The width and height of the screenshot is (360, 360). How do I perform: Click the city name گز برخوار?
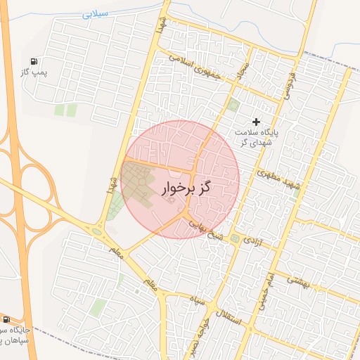click(x=187, y=188)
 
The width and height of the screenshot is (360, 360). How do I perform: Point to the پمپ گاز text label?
click(x=34, y=73)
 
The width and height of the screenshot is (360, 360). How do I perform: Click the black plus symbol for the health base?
click(x=256, y=122)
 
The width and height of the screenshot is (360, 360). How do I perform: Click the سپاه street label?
click(x=195, y=301)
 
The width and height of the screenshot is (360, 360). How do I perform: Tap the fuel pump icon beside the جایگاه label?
click(x=6, y=319)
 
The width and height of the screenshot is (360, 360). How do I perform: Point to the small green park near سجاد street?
click(x=233, y=105)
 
